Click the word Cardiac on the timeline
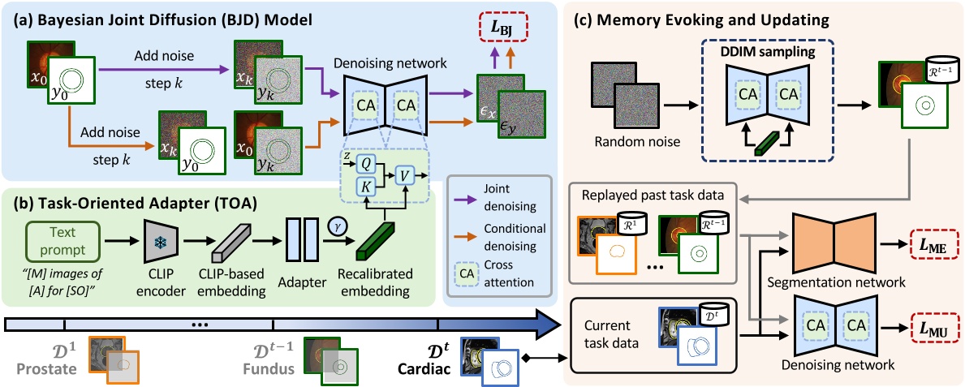coord(421,370)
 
